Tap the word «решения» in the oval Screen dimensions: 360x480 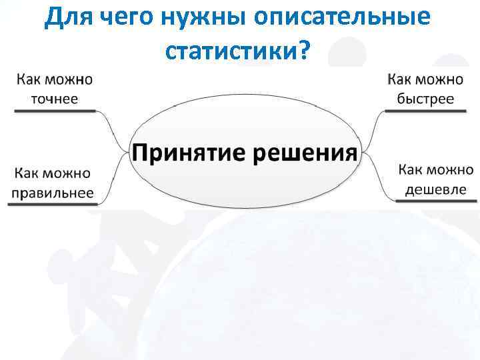306,152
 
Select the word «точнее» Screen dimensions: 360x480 54,99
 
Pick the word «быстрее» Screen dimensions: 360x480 425,99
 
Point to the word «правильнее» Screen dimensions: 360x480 53,193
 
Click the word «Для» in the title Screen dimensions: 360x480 71,19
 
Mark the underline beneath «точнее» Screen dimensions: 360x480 55,111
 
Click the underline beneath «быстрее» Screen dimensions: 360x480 425,111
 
